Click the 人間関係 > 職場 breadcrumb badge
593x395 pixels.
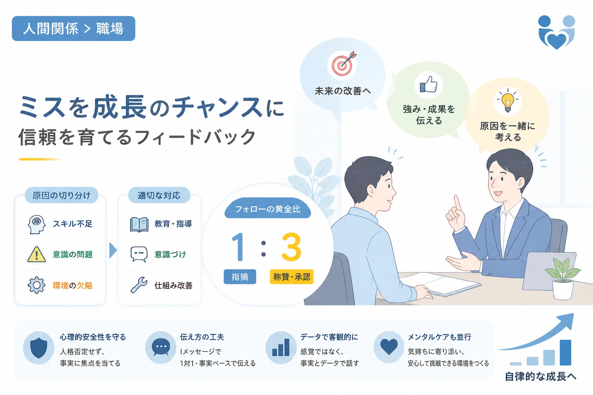[74, 29]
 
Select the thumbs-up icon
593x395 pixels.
[429, 84]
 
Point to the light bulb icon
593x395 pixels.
[508, 101]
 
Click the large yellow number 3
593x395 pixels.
[291, 247]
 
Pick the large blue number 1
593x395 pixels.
[239, 247]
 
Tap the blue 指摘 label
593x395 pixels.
[240, 277]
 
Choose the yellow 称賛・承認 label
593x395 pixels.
[291, 277]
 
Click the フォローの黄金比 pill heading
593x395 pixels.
[268, 209]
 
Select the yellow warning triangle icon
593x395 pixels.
[37, 254]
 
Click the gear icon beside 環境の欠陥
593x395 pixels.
[37, 285]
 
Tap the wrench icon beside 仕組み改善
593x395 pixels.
[139, 285]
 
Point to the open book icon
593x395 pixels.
[139, 225]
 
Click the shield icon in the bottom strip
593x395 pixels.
[39, 348]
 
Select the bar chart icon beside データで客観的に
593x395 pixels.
[281, 348]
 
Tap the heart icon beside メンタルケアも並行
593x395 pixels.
[389, 347]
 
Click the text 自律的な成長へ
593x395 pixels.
[540, 376]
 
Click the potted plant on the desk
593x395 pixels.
[563, 279]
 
